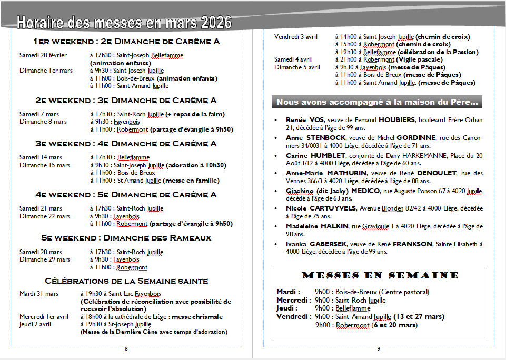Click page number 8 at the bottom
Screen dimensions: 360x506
tap(126, 348)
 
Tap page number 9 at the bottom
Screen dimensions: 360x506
tap(379, 348)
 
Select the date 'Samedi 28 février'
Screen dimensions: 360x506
tap(43, 55)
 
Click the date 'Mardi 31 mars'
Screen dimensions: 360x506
tap(39, 294)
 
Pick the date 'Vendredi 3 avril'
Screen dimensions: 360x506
tap(296, 37)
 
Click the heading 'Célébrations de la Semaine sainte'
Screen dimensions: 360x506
tap(126, 281)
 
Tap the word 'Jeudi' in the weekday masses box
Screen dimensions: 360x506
tap(286, 308)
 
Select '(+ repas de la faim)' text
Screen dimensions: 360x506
tap(195, 114)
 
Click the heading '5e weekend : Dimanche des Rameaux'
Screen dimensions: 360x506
tap(126, 238)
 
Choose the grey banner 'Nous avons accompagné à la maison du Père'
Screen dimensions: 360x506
tap(377, 102)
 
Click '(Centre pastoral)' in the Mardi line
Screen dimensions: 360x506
tap(404, 292)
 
